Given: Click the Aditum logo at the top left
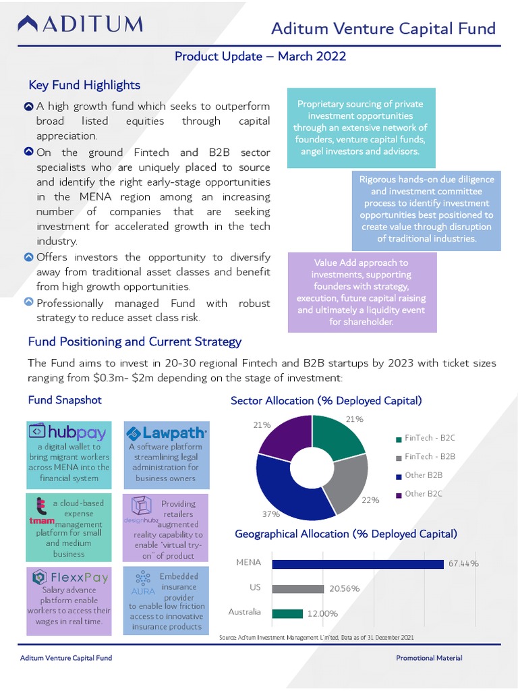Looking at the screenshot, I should (x=80, y=25).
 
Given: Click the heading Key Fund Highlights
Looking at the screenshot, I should (x=84, y=85).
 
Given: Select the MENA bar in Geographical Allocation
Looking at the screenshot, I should (x=357, y=563).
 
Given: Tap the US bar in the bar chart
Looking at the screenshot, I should (x=298, y=588).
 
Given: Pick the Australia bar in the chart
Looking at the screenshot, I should (x=287, y=613).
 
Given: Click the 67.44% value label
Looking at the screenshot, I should (x=463, y=563).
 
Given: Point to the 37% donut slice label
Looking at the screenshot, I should (x=270, y=514).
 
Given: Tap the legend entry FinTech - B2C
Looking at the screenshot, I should (x=429, y=438).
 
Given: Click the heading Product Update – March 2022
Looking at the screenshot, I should (x=260, y=56).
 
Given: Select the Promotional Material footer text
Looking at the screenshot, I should (x=429, y=658).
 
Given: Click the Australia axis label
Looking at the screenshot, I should (x=244, y=612).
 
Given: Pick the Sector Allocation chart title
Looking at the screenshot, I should (x=326, y=400).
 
